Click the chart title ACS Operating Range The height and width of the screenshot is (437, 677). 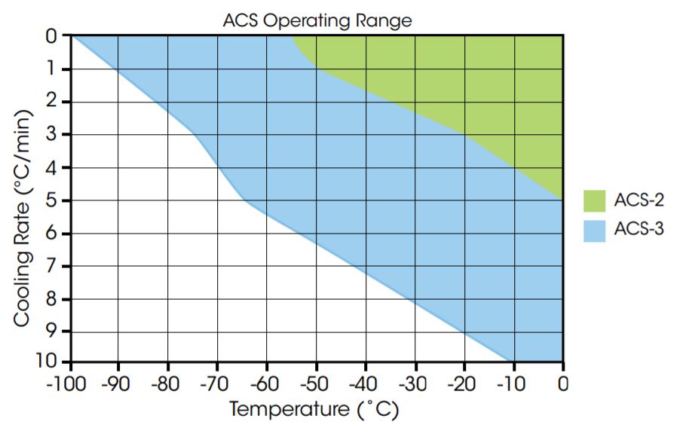[x=317, y=20]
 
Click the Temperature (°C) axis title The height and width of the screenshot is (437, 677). [x=314, y=410]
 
